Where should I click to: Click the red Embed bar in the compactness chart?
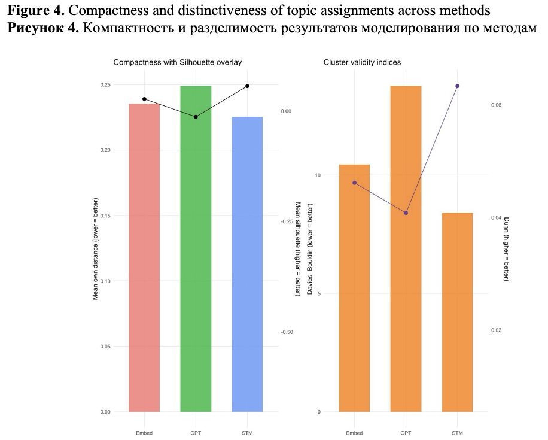coord(144,257)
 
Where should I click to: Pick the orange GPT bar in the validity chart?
coord(406,248)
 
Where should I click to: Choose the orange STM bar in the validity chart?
coord(457,311)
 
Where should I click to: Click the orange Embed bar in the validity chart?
coord(354,287)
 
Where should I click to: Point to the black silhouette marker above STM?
coord(247,86)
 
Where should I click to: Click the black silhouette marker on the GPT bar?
coord(196,117)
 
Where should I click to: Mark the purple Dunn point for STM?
coord(457,86)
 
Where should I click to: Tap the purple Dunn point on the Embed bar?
coord(354,183)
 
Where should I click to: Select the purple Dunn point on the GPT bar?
coord(406,213)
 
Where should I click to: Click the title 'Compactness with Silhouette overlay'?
coord(177,62)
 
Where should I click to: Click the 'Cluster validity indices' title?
coord(362,62)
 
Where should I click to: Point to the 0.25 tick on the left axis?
coord(105,85)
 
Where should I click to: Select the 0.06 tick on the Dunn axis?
coord(495,105)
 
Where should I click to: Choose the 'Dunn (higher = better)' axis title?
coord(507,249)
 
